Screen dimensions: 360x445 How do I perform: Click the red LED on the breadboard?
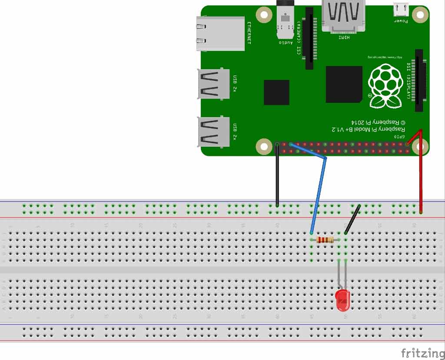(342, 301)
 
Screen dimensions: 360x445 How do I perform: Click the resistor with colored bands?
(325, 240)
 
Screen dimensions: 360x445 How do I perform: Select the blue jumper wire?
(319, 191)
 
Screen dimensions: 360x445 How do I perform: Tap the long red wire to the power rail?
(420, 174)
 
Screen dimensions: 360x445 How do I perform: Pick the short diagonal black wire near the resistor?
(352, 219)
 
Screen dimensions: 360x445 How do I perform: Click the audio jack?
(285, 20)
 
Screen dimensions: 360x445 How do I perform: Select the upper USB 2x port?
(213, 84)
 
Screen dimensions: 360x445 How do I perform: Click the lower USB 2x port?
(213, 132)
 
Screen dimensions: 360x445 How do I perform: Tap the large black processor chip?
(344, 84)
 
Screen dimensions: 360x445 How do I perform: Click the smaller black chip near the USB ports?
(276, 92)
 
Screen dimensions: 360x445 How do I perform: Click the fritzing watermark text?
(419, 353)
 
